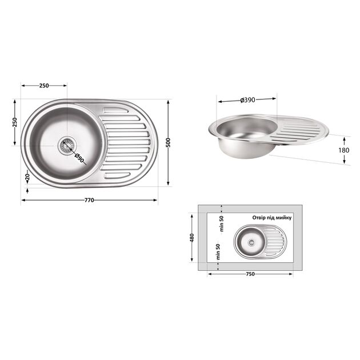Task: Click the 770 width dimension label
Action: pyautogui.click(x=89, y=201)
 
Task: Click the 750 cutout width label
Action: pyautogui.click(x=250, y=274)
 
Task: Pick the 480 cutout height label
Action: pyautogui.click(x=192, y=237)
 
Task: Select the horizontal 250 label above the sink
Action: pyautogui.click(x=44, y=86)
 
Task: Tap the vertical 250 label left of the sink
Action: pyautogui.click(x=15, y=122)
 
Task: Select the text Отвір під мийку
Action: pyautogui.click(x=272, y=218)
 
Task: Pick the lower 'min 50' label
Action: pyautogui.click(x=218, y=253)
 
